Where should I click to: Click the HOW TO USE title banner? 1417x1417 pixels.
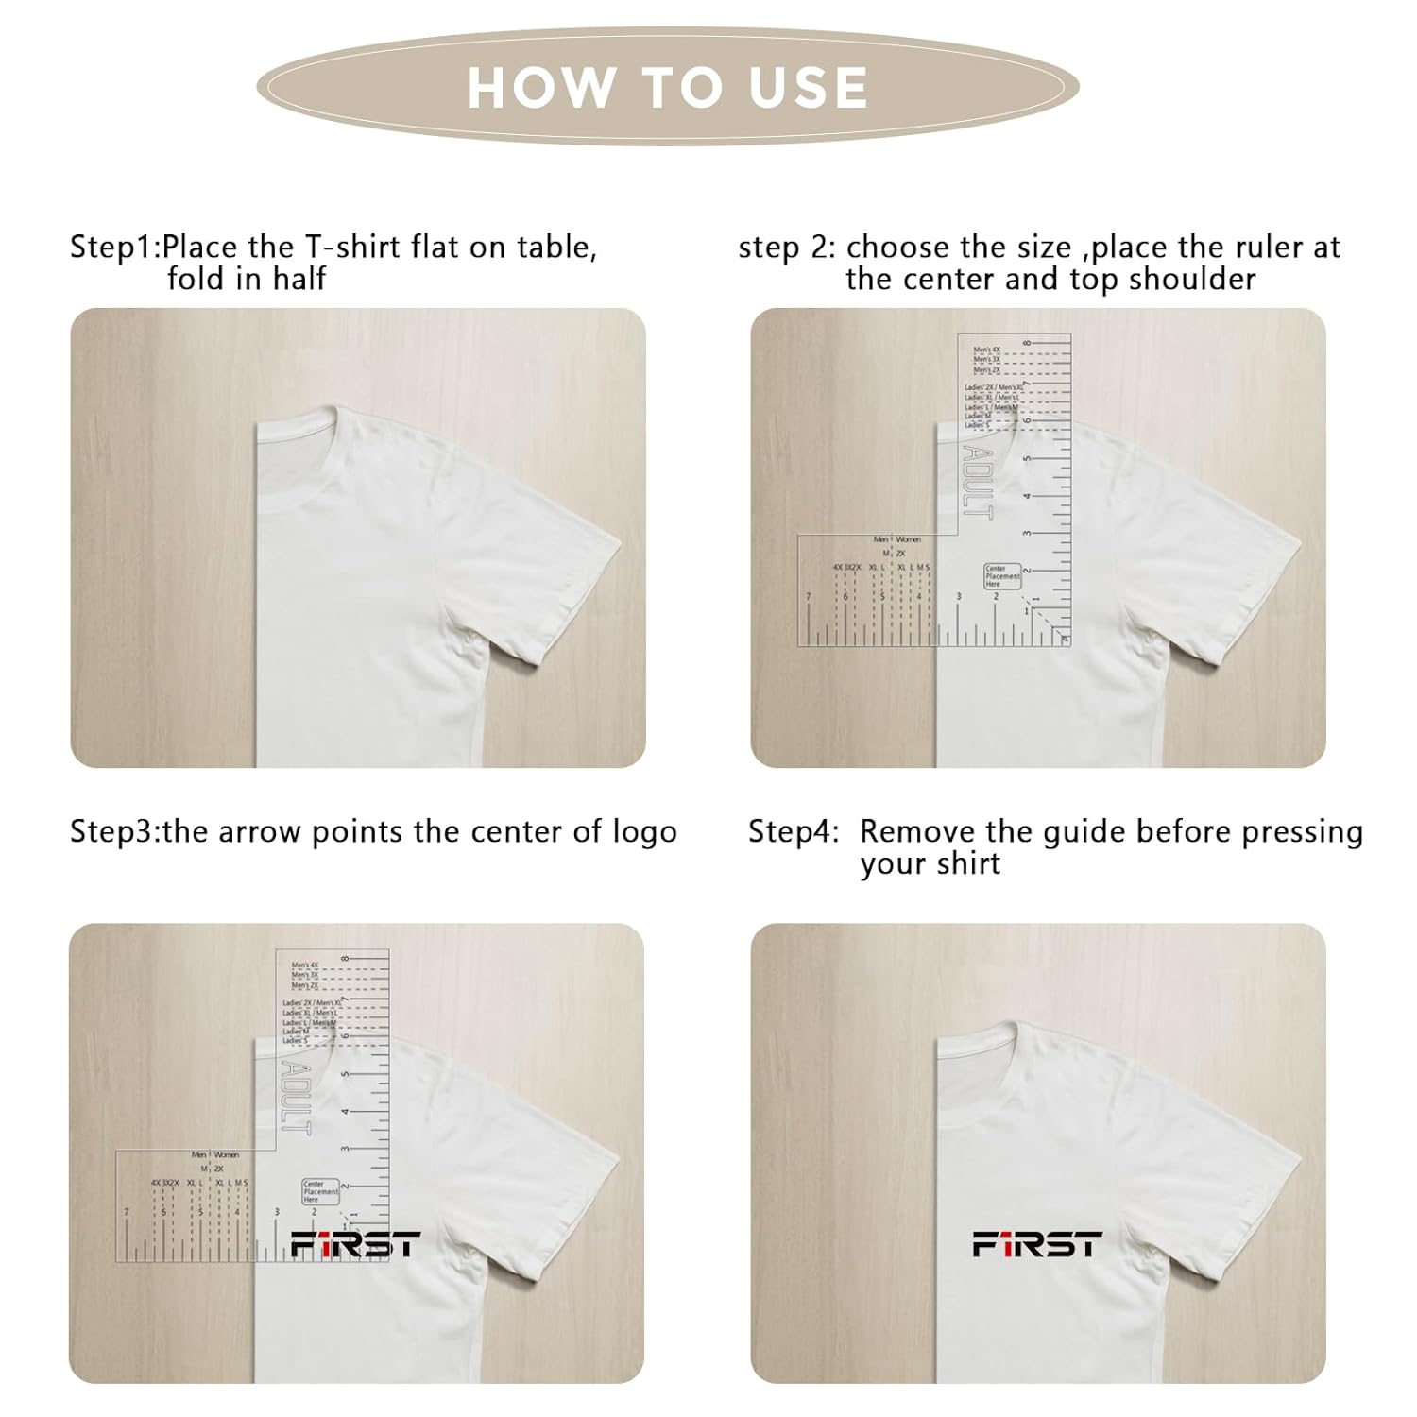tap(667, 87)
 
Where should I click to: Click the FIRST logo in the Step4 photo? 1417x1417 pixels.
tap(1037, 1245)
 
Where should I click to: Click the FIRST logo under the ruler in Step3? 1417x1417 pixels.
tap(354, 1245)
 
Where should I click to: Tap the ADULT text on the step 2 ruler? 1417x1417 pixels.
tap(978, 482)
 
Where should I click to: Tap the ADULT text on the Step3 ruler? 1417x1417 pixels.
tap(296, 1097)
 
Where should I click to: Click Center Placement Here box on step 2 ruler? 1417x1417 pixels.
tap(1002, 576)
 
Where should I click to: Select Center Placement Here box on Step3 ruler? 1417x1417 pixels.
tap(320, 1191)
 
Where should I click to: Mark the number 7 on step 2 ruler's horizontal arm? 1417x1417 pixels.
tap(808, 597)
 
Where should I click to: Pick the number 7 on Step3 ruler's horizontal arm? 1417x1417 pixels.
tap(126, 1212)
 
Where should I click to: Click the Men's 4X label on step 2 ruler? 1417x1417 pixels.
tap(986, 350)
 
